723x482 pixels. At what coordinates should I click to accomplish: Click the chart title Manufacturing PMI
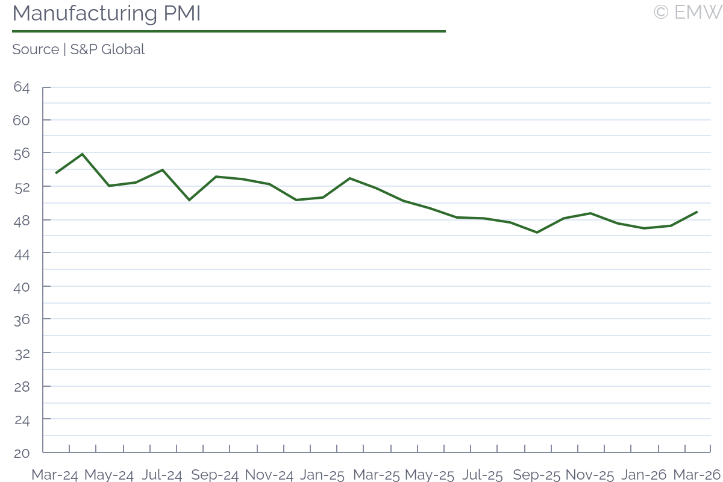click(106, 13)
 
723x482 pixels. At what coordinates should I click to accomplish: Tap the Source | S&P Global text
click(78, 49)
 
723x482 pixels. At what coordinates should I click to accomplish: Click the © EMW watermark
click(687, 12)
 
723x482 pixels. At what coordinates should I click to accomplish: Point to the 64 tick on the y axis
click(21, 87)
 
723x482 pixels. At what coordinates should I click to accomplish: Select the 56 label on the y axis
click(21, 154)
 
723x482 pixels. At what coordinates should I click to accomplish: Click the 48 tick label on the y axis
click(21, 220)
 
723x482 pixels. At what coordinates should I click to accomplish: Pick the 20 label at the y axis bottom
click(21, 452)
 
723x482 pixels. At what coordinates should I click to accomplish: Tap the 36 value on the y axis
click(21, 319)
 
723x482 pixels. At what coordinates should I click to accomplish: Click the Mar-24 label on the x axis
click(55, 475)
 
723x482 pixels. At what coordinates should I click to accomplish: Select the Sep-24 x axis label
click(215, 475)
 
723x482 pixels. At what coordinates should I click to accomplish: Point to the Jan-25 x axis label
click(322, 475)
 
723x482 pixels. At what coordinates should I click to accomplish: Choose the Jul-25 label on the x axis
click(482, 475)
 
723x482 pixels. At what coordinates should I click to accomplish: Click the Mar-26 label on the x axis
click(696, 475)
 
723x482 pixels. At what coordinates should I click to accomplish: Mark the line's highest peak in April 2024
click(83, 154)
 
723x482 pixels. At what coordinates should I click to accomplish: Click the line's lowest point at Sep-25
click(537, 233)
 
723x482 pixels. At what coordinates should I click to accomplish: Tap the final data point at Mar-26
click(697, 211)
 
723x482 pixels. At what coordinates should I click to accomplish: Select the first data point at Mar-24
click(56, 174)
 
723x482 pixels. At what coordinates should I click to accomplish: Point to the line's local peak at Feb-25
click(350, 178)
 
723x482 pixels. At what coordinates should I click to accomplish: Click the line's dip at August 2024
click(189, 200)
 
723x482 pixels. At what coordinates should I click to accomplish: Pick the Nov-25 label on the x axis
click(590, 475)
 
